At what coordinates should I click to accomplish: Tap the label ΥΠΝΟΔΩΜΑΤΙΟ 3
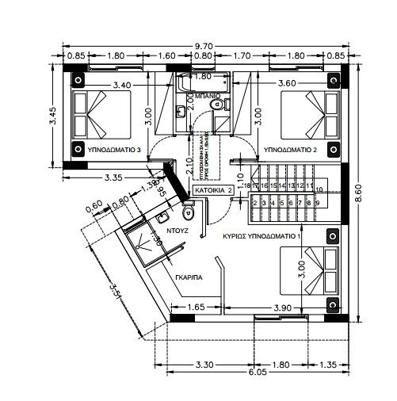click(115, 149)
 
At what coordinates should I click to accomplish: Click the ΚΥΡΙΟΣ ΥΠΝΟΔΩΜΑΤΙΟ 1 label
click(262, 236)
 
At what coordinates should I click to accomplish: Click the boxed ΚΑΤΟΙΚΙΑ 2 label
click(213, 191)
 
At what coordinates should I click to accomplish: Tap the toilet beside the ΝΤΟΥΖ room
click(189, 212)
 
